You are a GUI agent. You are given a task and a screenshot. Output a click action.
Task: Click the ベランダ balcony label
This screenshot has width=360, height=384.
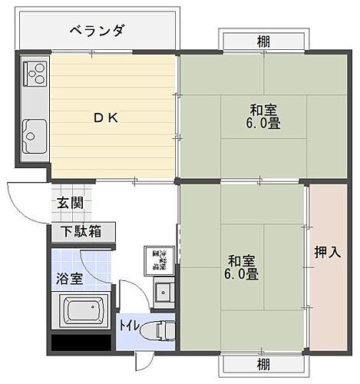click(x=96, y=31)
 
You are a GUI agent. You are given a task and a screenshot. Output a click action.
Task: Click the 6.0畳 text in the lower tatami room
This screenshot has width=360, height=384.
click(x=242, y=273)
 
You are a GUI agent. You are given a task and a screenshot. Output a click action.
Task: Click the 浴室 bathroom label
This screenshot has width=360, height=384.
click(x=69, y=278)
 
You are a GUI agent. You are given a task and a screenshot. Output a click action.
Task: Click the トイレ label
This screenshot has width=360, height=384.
click(x=129, y=326)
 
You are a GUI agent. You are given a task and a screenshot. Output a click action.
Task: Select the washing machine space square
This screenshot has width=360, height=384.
click(x=159, y=262)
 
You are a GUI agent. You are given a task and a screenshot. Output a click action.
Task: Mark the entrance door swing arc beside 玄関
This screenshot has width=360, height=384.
click(x=21, y=201)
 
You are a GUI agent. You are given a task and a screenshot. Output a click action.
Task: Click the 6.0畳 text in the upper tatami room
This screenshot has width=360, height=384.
click(x=263, y=124)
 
